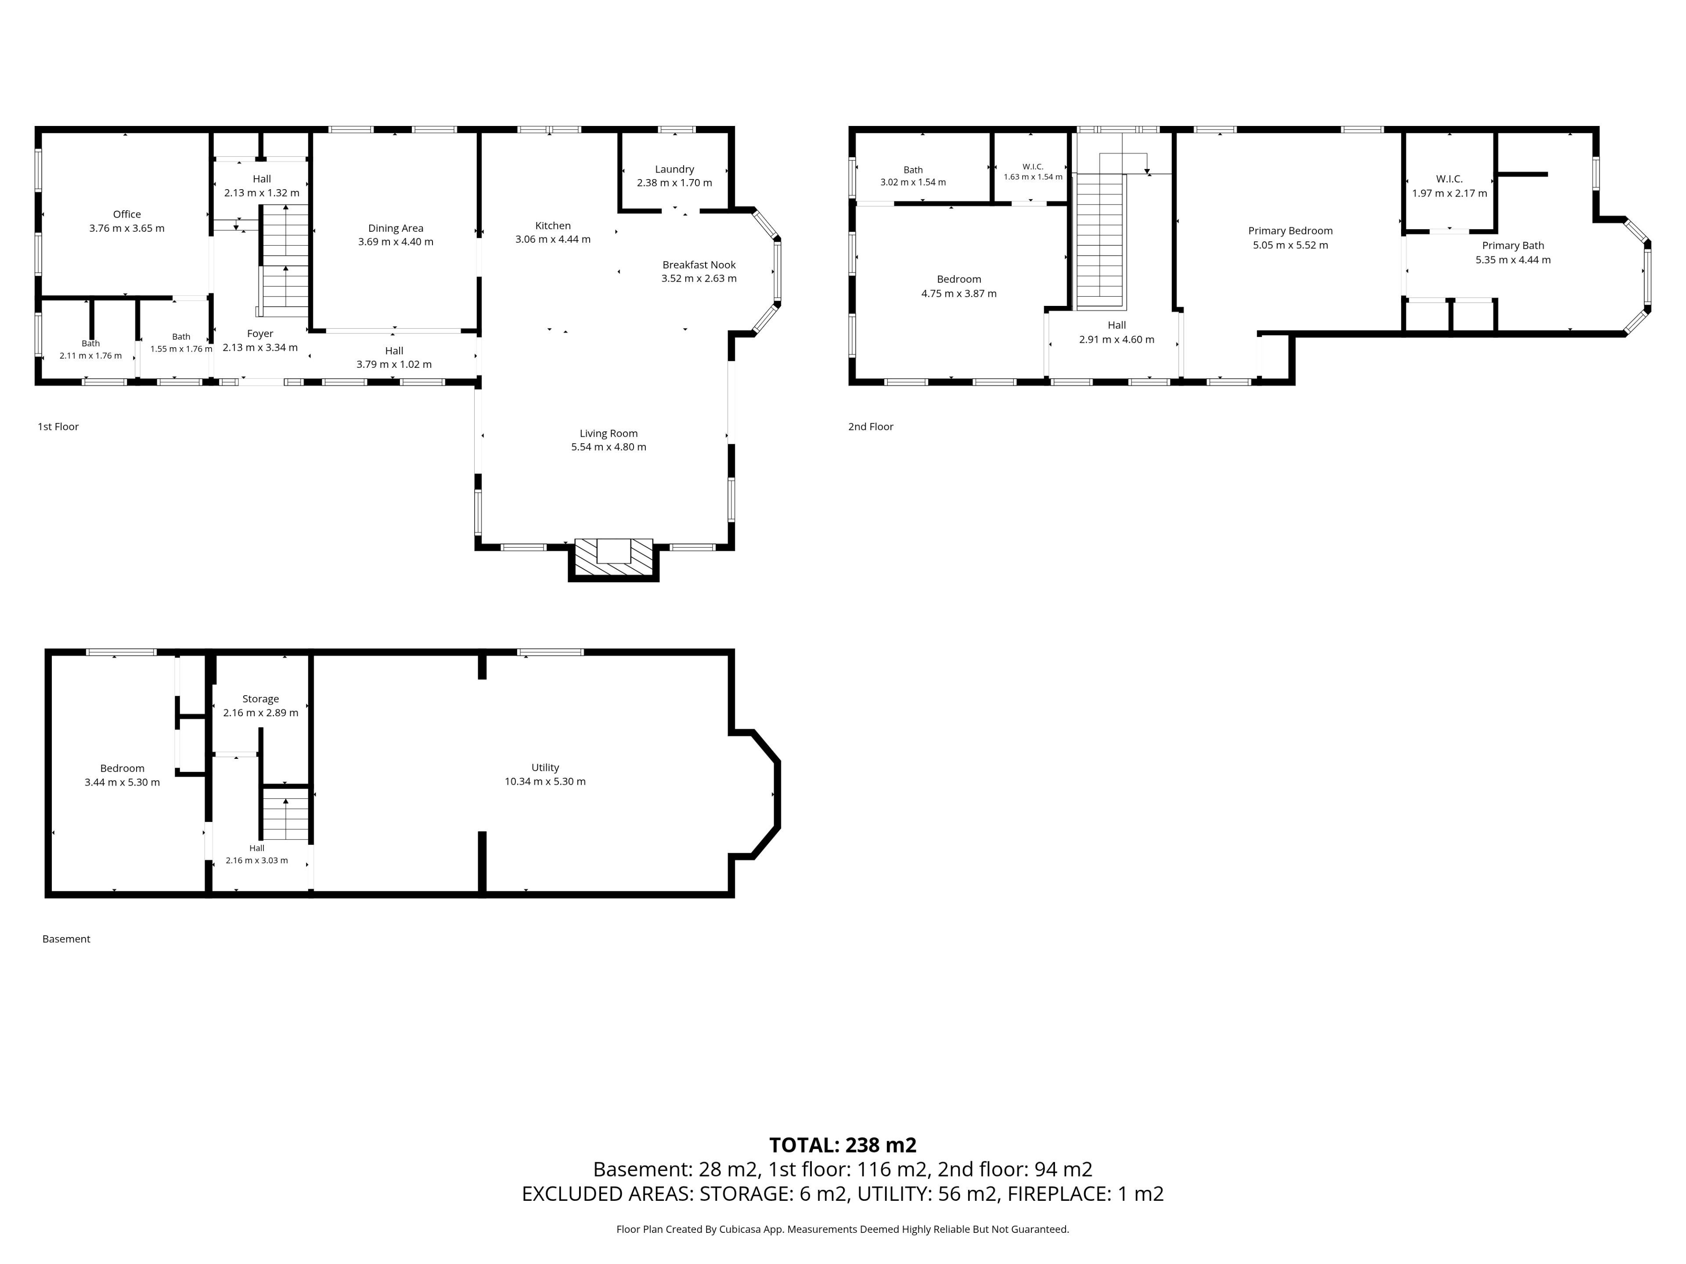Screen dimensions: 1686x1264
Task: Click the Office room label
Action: pos(126,214)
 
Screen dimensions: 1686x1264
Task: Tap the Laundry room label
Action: pos(674,169)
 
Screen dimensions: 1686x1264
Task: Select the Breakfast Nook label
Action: pos(699,264)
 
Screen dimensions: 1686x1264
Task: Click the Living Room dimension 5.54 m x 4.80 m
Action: pos(608,447)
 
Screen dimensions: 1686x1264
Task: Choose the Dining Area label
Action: pos(396,228)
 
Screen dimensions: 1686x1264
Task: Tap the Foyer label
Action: pos(260,334)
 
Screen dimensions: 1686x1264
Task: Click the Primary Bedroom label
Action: pos(1290,231)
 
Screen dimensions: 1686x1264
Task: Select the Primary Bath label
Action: pos(1513,245)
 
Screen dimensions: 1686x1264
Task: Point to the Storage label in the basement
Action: pos(261,699)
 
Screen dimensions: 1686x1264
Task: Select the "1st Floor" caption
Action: pos(58,427)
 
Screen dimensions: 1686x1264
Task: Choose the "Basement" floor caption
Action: pos(66,939)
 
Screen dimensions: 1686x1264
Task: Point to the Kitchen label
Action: pos(553,226)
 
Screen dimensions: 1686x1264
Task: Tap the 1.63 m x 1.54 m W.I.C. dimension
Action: pos(1033,177)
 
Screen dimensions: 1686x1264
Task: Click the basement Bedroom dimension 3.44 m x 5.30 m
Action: pos(122,783)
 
